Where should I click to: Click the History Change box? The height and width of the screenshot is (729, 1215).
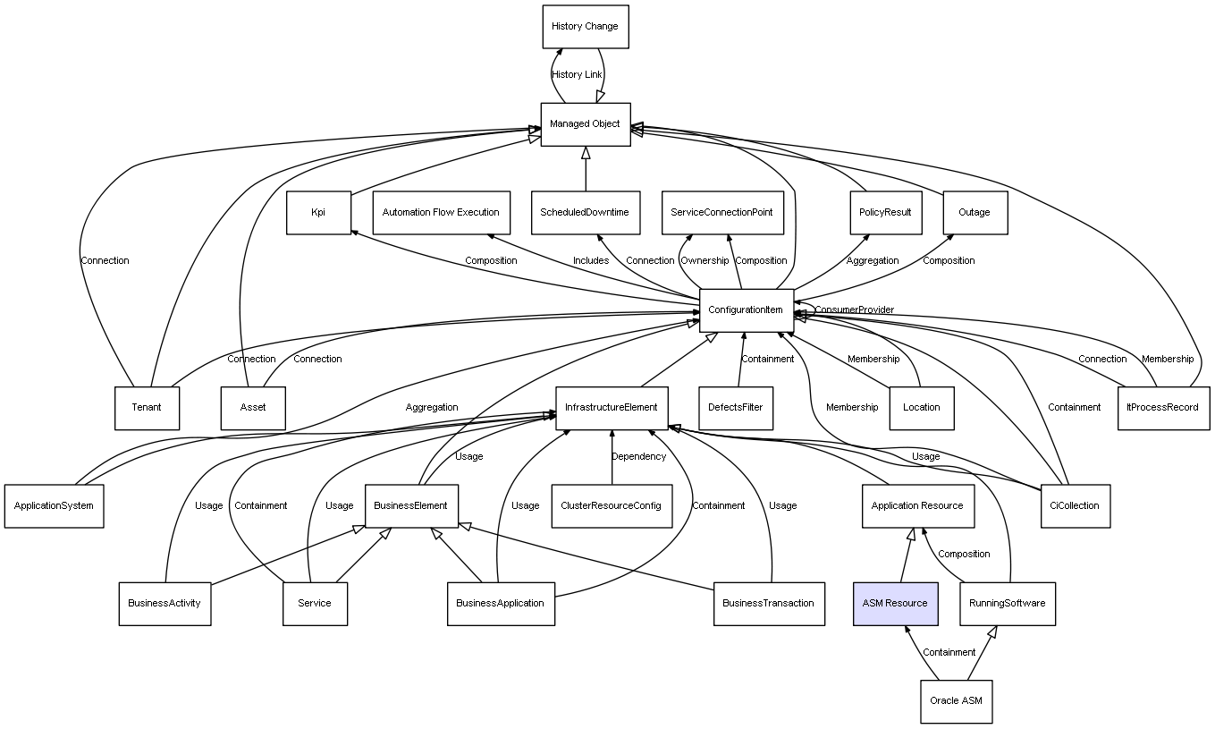coord(586,27)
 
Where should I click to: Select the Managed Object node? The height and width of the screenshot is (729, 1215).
coord(586,124)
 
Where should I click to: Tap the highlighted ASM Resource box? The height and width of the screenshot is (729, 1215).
coord(895,604)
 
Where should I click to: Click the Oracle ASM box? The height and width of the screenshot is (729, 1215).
coord(957,701)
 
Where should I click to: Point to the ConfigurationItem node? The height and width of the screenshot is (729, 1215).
coord(747,310)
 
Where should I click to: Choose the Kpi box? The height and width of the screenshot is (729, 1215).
coord(318,213)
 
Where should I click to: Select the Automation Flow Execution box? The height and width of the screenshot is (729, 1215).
coord(442,213)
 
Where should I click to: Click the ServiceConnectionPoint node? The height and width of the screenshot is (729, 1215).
coord(722,213)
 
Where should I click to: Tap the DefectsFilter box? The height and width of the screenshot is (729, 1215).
coord(736,408)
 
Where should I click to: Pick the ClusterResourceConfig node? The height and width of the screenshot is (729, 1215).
coord(612,506)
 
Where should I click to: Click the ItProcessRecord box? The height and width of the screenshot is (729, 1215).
coord(1163,408)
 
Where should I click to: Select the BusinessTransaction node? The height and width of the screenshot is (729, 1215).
coord(769,604)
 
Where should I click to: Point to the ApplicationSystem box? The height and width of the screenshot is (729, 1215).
coord(55,506)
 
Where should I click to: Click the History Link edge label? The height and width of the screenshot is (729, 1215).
coord(577,75)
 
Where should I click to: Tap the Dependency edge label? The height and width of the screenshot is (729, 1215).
coord(638,456)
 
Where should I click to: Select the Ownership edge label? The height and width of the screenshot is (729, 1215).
coord(705,261)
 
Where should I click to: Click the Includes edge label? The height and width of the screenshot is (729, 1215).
coord(591,261)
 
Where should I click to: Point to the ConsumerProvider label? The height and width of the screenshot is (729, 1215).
coord(855,310)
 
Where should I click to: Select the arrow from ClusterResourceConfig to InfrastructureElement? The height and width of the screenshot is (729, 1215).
coord(612,457)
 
